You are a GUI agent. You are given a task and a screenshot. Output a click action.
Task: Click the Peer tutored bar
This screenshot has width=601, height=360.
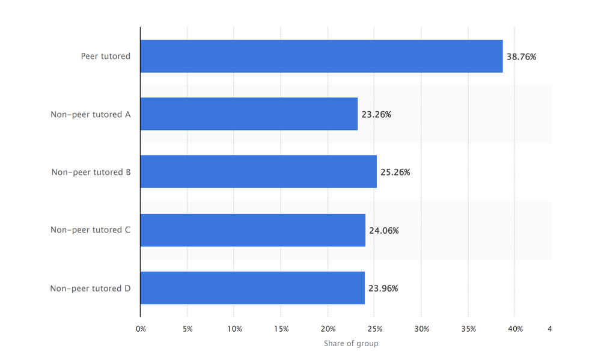[x=322, y=56]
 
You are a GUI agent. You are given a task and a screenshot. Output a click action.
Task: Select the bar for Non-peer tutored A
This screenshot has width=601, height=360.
[x=249, y=114]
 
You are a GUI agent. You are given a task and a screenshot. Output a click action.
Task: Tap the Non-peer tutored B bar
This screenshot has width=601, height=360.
[x=258, y=172]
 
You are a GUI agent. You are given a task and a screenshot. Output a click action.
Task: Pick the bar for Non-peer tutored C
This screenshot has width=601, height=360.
[x=253, y=230]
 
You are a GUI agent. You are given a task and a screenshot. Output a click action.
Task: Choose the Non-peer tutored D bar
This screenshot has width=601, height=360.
[x=252, y=288]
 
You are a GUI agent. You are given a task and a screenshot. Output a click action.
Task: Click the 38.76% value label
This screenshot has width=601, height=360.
[x=521, y=56]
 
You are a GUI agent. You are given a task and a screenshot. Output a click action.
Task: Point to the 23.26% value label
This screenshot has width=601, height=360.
[x=376, y=114]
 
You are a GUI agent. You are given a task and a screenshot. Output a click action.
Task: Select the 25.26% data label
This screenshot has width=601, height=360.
[x=395, y=172]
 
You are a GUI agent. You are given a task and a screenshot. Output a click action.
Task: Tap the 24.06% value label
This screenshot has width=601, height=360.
[x=384, y=230]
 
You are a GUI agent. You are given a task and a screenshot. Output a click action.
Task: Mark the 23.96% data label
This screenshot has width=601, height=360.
[x=383, y=288]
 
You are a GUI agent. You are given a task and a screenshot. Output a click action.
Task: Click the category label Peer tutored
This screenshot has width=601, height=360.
[x=106, y=56]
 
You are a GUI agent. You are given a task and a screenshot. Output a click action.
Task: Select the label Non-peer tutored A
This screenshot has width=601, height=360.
[x=91, y=114]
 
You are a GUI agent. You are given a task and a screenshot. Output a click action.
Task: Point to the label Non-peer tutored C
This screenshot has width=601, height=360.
[x=91, y=230]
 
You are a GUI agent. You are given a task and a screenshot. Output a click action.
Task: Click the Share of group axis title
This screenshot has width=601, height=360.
[x=351, y=343]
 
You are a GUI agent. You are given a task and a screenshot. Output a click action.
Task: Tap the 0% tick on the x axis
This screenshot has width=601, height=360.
[x=141, y=329]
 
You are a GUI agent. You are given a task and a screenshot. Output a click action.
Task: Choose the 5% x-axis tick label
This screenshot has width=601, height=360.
[x=188, y=329]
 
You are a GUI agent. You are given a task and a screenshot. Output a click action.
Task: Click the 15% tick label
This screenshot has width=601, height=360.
[x=281, y=329]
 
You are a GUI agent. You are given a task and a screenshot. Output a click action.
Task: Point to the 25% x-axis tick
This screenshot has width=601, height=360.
[x=375, y=329]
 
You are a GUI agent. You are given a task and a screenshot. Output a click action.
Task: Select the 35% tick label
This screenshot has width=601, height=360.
[x=469, y=329]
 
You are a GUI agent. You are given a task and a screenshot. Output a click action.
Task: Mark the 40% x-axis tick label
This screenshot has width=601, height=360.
[x=516, y=329]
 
